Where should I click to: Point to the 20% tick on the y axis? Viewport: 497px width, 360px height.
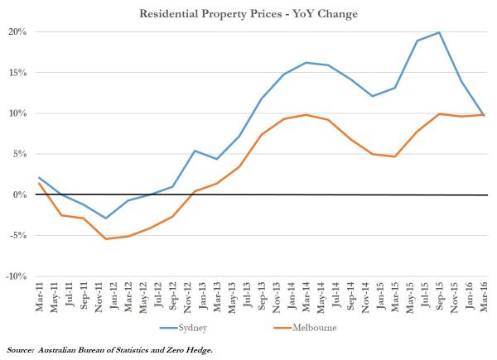tap(19, 32)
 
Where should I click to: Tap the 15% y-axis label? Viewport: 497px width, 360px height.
tap(19, 73)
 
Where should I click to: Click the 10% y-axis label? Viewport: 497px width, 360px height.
tap(19, 113)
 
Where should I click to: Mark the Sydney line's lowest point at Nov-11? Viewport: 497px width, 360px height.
tap(105, 218)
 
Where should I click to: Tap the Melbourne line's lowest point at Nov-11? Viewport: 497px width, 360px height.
tap(105, 239)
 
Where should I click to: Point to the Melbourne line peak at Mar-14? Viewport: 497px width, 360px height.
tap(306, 115)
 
